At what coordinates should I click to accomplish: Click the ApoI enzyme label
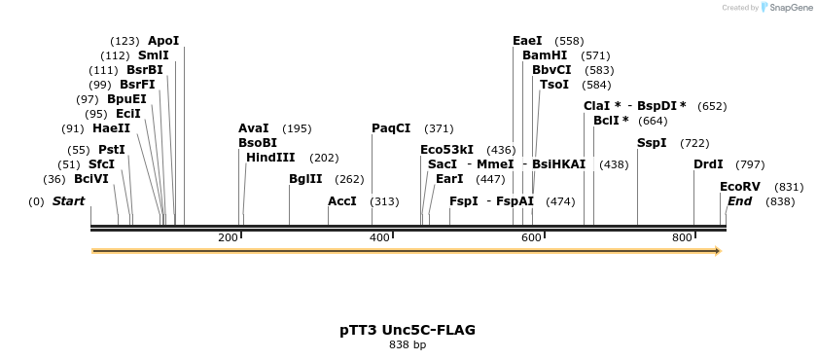click(163, 41)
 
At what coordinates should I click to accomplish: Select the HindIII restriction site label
click(271, 158)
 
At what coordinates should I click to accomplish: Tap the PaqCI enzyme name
click(391, 128)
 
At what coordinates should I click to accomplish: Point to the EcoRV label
click(740, 187)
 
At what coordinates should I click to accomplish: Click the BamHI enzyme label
click(545, 55)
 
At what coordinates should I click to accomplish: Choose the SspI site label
click(652, 143)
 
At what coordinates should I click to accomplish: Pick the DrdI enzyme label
click(708, 164)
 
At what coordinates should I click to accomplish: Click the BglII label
click(305, 179)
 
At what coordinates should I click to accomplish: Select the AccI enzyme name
click(342, 201)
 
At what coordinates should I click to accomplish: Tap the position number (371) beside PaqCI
click(439, 128)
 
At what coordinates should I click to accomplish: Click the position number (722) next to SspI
click(694, 143)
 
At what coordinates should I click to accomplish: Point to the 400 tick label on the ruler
click(380, 237)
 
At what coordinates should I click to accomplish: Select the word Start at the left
click(68, 201)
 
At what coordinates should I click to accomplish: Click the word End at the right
click(739, 201)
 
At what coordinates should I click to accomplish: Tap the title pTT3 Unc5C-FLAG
click(408, 330)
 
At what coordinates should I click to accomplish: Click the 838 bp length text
click(408, 344)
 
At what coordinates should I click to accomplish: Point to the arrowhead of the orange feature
click(717, 251)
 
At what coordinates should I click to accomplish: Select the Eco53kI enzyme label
click(446, 150)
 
